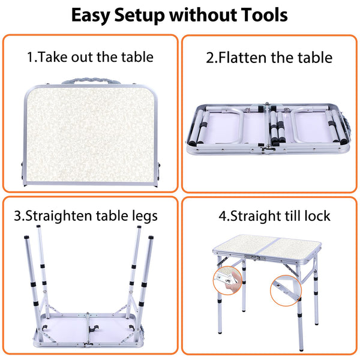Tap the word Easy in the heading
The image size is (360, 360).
tap(91, 16)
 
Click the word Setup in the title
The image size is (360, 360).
tap(140, 16)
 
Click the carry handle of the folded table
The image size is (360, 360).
tap(91, 80)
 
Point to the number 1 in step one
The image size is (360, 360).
tap(31, 57)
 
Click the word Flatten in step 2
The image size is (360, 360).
tap(243, 57)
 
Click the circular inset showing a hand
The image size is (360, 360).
tap(227, 280)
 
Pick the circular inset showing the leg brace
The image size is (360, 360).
tap(286, 290)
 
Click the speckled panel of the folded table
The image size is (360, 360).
tap(90, 135)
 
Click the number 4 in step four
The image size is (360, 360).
tap(223, 216)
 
